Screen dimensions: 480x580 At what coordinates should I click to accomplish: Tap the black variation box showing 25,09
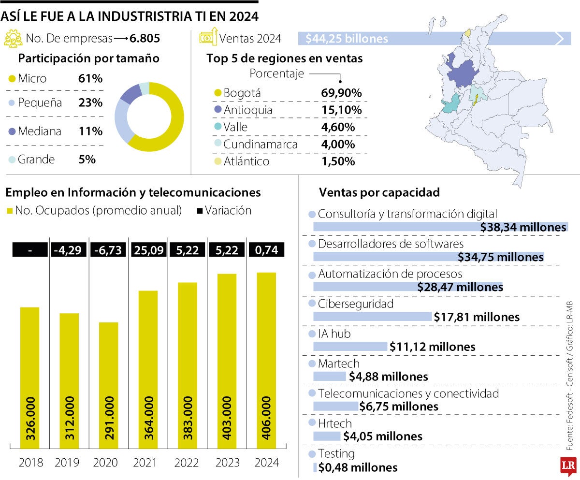coord(148,250)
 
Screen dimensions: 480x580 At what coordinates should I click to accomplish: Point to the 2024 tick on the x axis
coord(266,463)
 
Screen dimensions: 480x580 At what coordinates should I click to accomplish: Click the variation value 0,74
coord(266,250)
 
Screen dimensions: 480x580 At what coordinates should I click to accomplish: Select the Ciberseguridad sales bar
coord(372,317)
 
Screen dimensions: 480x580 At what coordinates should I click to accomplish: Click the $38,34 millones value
coord(523,228)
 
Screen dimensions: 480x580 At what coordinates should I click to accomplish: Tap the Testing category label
coord(336,454)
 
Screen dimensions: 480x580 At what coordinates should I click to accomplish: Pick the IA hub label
coord(334,334)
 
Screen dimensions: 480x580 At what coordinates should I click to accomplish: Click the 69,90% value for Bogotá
coord(341,93)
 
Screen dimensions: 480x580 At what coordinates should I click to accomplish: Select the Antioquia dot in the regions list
coord(217,110)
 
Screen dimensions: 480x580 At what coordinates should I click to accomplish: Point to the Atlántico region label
coord(246,161)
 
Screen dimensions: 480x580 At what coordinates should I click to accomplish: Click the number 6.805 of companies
coord(145,38)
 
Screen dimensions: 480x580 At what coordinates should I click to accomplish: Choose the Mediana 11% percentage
coord(90,131)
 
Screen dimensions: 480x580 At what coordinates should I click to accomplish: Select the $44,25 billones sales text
coord(347,39)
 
